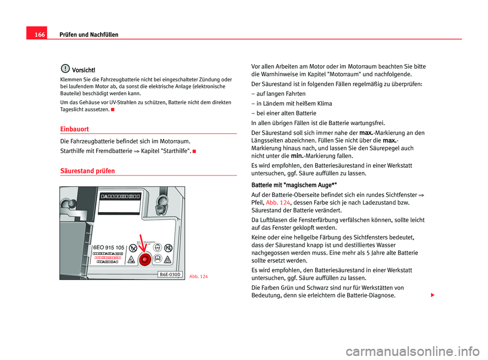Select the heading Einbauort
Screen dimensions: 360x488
[x=75, y=129]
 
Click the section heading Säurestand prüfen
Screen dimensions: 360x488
[x=87, y=171]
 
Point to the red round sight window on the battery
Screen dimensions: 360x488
[x=144, y=259]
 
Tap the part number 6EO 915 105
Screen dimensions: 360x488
[x=108, y=247]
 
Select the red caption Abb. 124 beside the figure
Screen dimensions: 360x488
[x=198, y=276]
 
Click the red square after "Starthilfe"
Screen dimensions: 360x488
[x=196, y=151]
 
